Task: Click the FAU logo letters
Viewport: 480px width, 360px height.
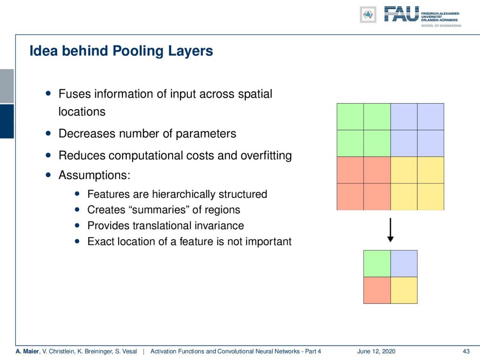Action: [x=401, y=14]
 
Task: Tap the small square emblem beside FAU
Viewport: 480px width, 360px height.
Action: [x=368, y=15]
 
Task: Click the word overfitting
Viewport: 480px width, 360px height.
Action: [x=266, y=156]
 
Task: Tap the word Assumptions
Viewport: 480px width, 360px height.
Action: [x=94, y=175]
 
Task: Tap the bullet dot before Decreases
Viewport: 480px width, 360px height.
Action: [x=48, y=134]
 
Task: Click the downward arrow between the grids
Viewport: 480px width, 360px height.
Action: [x=390, y=230]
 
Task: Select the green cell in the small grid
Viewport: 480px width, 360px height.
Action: [x=377, y=263]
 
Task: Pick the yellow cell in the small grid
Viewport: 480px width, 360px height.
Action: [x=404, y=290]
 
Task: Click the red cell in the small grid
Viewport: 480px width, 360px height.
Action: [x=377, y=290]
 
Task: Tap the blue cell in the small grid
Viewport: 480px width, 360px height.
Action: [x=404, y=263]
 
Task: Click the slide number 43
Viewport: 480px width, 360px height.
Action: [x=466, y=352]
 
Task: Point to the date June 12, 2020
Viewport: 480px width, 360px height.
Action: [x=376, y=352]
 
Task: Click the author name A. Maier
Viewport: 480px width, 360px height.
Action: [x=27, y=352]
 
